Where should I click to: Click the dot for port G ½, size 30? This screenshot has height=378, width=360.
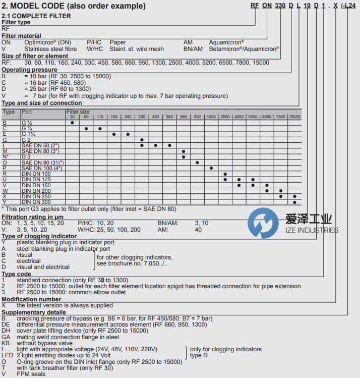tap(73, 123)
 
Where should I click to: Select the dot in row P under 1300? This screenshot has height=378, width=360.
tap(211, 168)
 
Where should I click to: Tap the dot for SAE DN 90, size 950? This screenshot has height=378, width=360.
tap(197, 162)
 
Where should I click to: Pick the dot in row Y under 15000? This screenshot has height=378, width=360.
tap(294, 201)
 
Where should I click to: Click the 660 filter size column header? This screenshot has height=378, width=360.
tap(183, 117)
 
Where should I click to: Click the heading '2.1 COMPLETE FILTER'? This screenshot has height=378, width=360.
tap(36, 16)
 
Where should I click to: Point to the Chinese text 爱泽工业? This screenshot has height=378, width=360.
tap(309, 219)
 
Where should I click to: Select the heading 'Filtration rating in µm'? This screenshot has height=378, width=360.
tap(34, 217)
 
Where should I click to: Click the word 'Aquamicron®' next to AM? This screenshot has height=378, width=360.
tap(227, 42)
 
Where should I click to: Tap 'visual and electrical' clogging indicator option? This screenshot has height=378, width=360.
tap(43, 267)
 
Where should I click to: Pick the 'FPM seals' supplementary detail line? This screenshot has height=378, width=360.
tap(31, 374)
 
